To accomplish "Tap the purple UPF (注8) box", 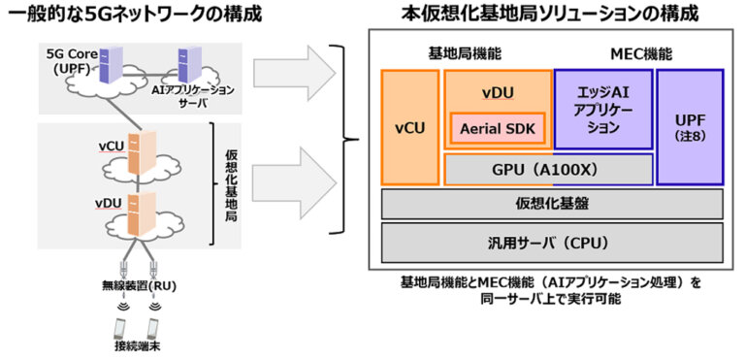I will tap(689, 126).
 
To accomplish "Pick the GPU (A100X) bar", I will tap(548, 169).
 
